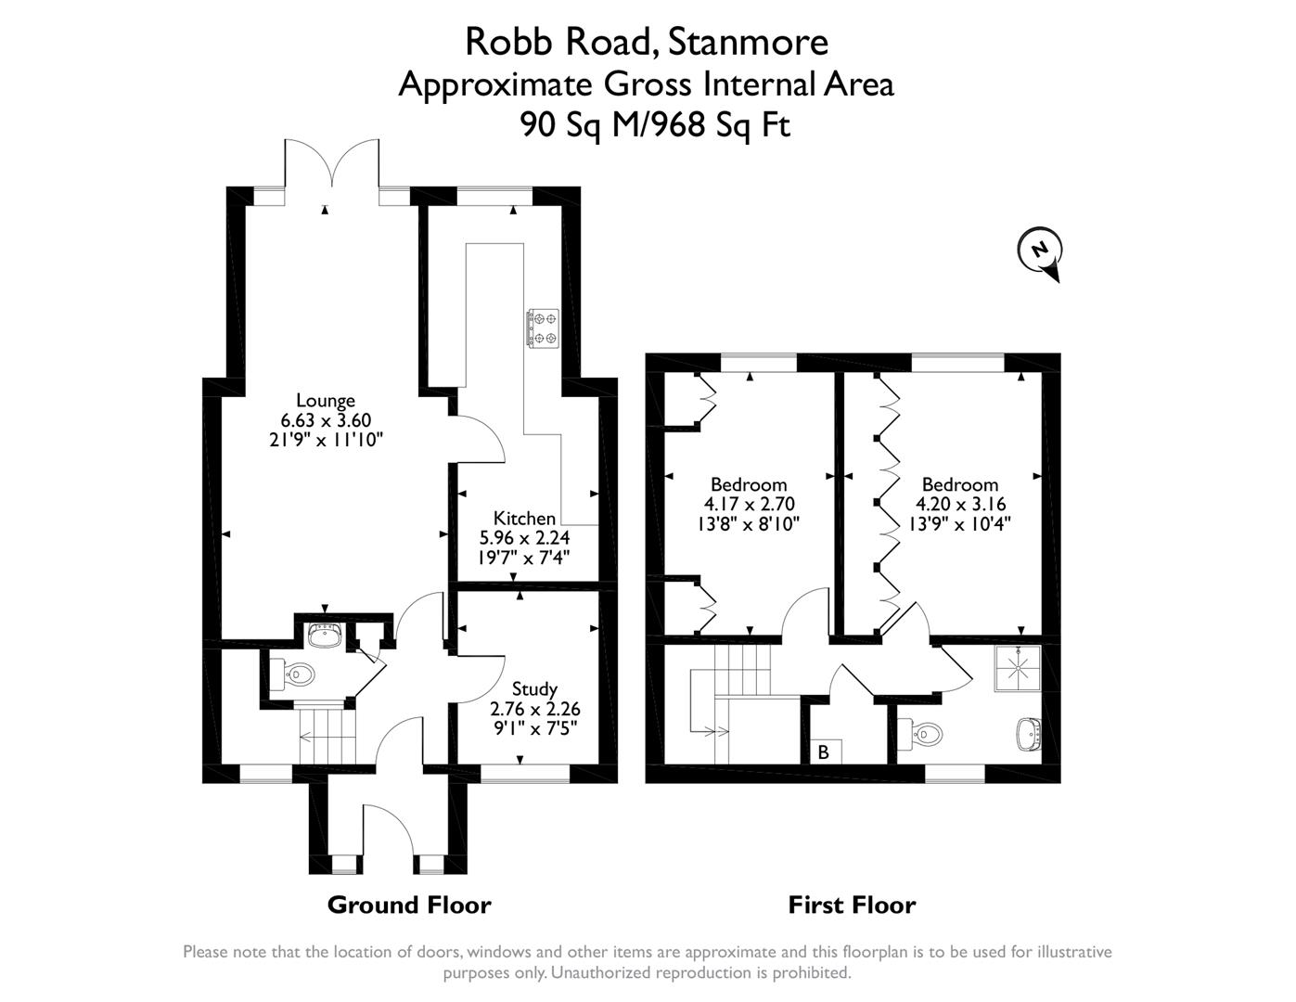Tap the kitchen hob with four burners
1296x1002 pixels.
pos(542,328)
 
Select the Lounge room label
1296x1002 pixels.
pos(325,401)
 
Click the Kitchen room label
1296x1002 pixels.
pos(524,518)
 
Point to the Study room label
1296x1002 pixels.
pos(534,688)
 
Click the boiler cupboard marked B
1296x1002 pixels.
pos(823,751)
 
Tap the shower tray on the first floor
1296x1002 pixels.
pos(1018,668)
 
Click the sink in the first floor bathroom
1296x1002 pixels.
pos(1029,734)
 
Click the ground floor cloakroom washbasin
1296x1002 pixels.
pos(325,636)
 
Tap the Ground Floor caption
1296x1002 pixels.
pos(409,905)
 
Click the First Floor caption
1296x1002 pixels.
pos(852,905)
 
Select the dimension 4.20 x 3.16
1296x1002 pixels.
pos(960,504)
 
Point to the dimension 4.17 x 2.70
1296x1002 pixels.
pos(749,504)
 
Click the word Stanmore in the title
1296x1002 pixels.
pos(748,41)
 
